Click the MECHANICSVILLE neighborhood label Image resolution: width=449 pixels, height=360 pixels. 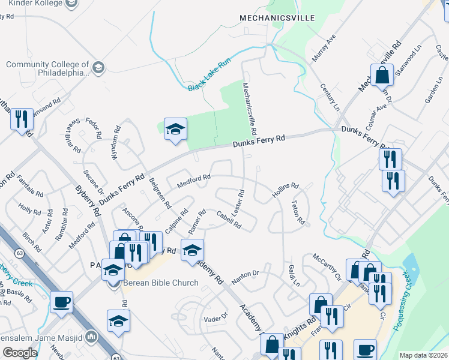277,18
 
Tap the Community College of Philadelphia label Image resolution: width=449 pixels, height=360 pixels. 48,69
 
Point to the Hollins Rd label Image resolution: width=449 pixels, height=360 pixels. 286,187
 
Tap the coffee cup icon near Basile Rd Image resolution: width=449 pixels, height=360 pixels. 61,302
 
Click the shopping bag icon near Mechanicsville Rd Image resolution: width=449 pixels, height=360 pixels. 382,76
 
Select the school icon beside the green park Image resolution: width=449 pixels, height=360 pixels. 175,129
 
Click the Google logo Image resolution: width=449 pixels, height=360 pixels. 20,353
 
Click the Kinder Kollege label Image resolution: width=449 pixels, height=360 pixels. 36,3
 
